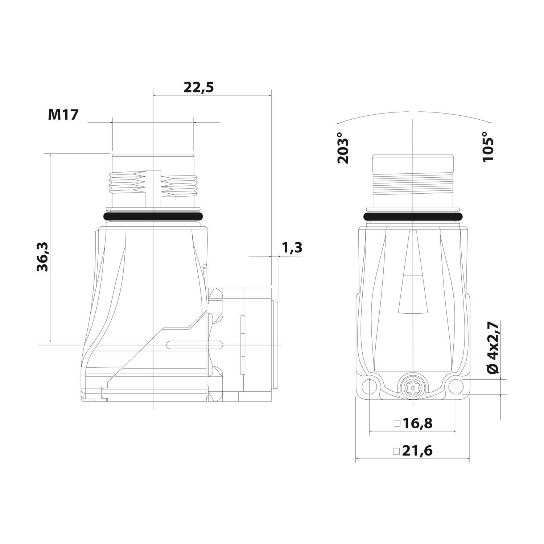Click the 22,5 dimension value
198,87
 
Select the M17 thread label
63,115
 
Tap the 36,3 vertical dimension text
43,257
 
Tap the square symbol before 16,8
397,423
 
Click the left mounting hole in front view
369,387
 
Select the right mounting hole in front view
456,387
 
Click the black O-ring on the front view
413,217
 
